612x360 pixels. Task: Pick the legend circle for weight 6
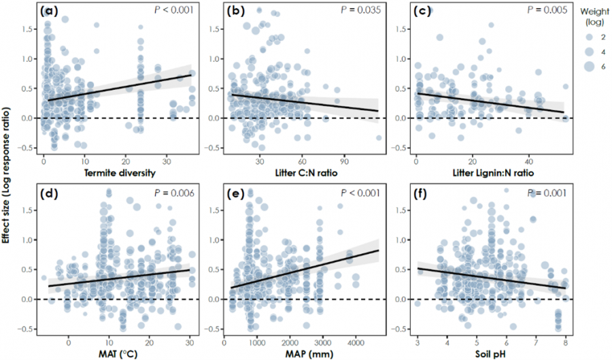588,65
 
